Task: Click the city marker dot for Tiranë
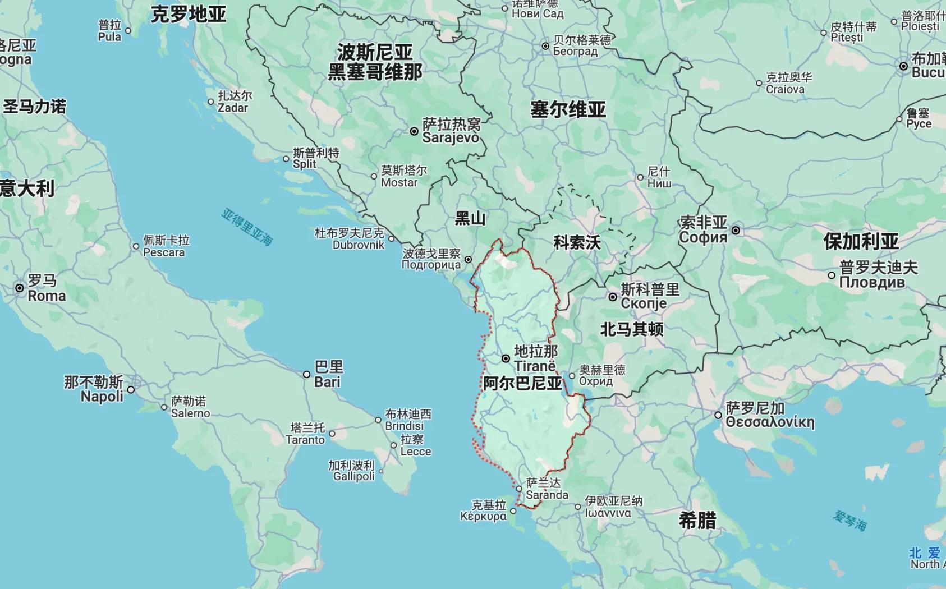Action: coord(506,358)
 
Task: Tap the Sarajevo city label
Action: coord(451,131)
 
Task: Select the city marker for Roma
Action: coord(20,288)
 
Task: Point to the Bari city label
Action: coord(328,374)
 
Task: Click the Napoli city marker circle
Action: coord(131,389)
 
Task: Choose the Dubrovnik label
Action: coord(350,238)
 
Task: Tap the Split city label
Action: coord(316,158)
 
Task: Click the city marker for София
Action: coord(736,230)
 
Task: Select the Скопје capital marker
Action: coord(613,297)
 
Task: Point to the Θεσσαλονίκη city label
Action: coord(769,415)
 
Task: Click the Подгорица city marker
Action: coord(468,259)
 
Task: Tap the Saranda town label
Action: coord(547,489)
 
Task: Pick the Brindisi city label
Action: coord(408,420)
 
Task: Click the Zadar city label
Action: coord(235,102)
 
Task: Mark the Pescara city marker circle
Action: coord(136,246)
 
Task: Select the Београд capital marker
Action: coord(545,46)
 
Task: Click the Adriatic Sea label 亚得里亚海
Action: coord(247,227)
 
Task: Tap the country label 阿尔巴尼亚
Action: coord(522,383)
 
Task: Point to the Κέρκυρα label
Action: coord(483,510)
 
